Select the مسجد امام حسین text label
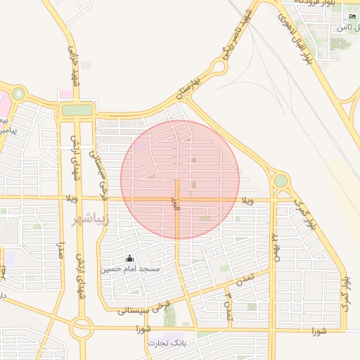pyautogui.click(x=129, y=269)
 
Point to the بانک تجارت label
pyautogui.click(x=167, y=343)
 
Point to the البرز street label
pyautogui.click(x=176, y=204)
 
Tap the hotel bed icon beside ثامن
pyautogui.click(x=352, y=17)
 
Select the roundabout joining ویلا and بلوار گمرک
pyautogui.click(x=281, y=181)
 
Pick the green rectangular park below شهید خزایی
pyautogui.click(x=77, y=110)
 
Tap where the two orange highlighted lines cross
pyautogui.click(x=176, y=199)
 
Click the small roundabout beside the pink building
pyautogui.click(x=18, y=94)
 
